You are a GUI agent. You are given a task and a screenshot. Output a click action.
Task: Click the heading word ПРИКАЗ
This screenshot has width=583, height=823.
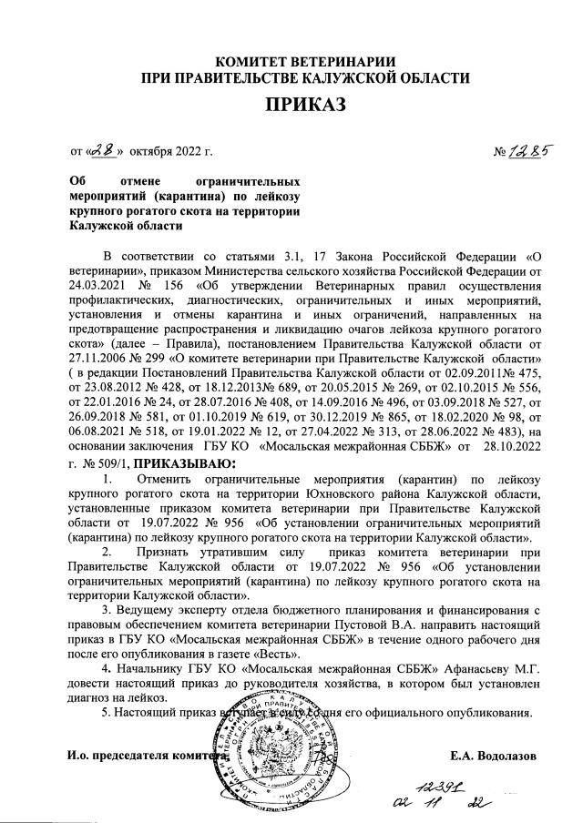point(306,107)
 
